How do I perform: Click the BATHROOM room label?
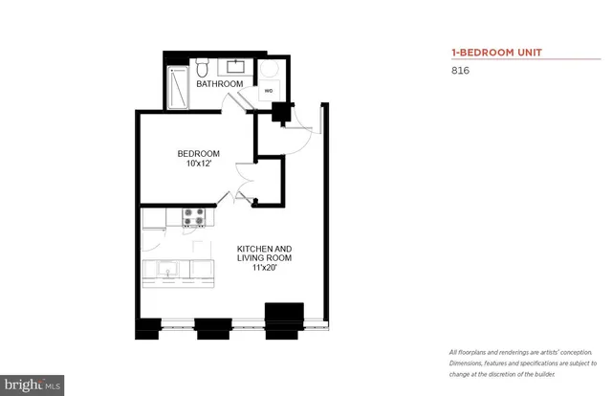point(219,84)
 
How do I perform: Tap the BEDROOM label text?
point(199,154)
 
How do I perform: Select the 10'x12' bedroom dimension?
point(199,165)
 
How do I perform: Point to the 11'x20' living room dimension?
point(264,268)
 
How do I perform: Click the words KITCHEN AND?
point(265,248)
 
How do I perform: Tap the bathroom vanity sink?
point(235,67)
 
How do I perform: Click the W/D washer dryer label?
point(268,93)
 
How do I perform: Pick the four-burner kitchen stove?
point(194,217)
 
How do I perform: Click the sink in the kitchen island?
point(166,271)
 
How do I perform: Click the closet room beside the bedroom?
point(269,182)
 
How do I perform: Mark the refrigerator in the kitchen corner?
point(154,219)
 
